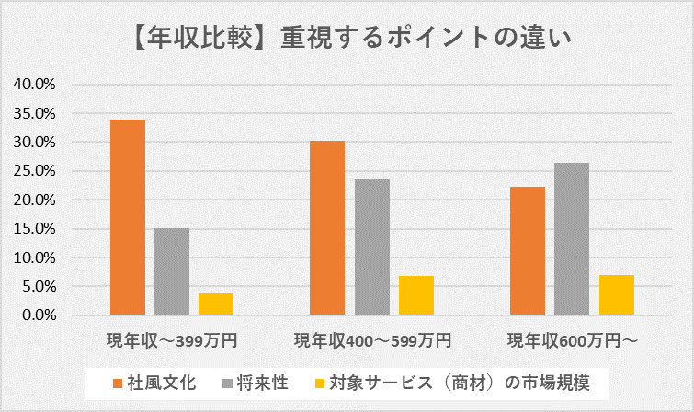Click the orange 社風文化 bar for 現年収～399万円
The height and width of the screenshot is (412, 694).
point(127,218)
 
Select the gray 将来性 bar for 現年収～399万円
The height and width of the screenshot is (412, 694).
point(172,271)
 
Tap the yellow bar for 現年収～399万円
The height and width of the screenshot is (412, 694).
point(216,304)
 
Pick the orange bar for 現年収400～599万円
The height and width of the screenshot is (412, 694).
point(327,228)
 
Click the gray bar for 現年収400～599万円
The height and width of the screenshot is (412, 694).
point(372,247)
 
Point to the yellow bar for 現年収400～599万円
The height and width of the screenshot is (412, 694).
point(416,295)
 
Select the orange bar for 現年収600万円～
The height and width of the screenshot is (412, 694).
point(528,251)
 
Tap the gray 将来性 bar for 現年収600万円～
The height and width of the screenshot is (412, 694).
point(572,239)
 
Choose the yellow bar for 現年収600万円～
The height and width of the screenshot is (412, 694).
point(617,295)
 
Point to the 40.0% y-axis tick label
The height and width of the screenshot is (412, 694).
point(35,85)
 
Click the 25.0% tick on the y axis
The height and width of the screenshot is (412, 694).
point(35,171)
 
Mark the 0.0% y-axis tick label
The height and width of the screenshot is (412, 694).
point(39,315)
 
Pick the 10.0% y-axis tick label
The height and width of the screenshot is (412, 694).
point(35,257)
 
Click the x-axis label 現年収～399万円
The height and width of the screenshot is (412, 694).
point(172,341)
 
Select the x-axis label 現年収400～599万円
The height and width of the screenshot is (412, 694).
point(372,341)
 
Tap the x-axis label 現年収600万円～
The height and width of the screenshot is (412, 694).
point(572,341)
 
